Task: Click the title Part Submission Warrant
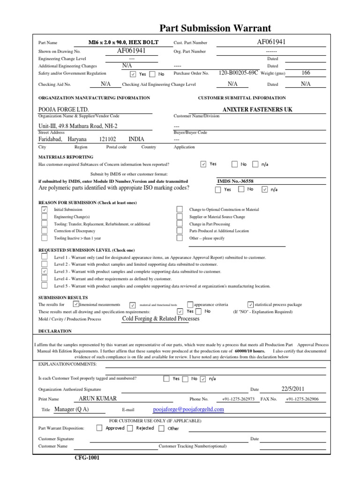point(215,29)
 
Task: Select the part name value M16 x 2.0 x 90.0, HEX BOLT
point(123,43)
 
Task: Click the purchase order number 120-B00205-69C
point(238,73)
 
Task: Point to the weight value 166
point(306,73)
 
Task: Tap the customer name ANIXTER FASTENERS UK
point(257,109)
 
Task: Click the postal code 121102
point(107,139)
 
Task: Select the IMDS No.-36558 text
point(239,181)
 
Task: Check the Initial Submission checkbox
point(45,210)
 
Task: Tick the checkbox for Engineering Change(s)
point(45,217)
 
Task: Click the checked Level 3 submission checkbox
point(45,271)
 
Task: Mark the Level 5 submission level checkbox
point(45,285)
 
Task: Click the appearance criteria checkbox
point(190,305)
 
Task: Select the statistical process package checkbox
point(250,305)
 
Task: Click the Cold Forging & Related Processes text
point(160,319)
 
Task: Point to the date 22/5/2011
point(293,389)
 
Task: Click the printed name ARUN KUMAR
point(98,399)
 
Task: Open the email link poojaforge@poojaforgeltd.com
point(188,409)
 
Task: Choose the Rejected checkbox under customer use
point(130,428)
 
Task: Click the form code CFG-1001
point(87,458)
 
